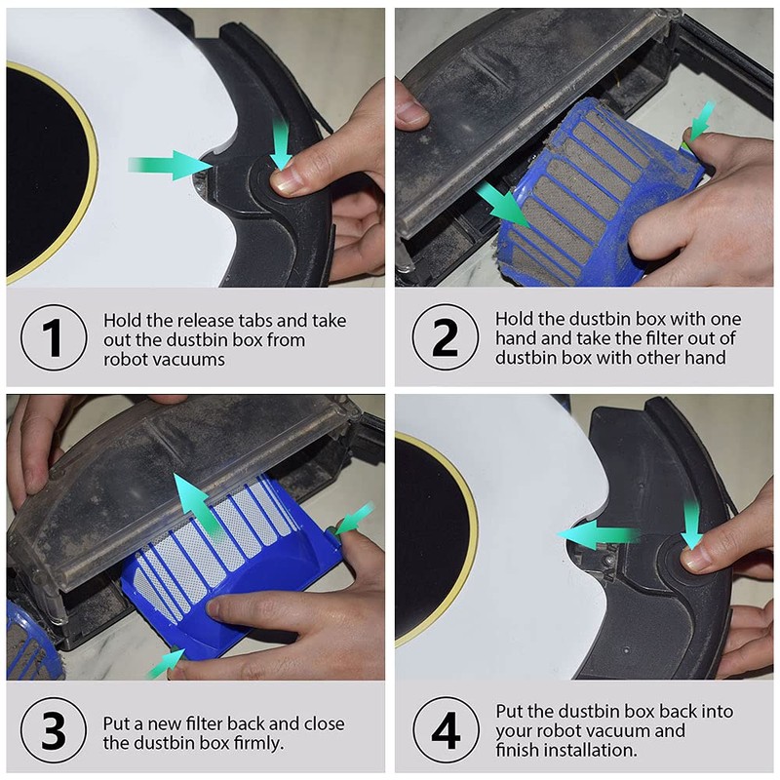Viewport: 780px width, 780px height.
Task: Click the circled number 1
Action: [x=54, y=337]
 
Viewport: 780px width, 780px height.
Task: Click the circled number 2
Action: [x=446, y=336]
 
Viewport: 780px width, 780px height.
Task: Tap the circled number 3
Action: [x=54, y=730]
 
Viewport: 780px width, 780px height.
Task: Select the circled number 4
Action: [x=446, y=729]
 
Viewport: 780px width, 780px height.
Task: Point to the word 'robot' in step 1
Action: [x=125, y=359]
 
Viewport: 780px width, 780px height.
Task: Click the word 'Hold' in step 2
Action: [x=515, y=319]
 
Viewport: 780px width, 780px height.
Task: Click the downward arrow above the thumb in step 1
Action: [x=280, y=145]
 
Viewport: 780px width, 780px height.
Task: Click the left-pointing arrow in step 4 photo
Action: [x=598, y=535]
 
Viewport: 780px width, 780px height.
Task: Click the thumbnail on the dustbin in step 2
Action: [x=411, y=111]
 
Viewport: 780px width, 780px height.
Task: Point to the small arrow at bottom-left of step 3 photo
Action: [x=166, y=664]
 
